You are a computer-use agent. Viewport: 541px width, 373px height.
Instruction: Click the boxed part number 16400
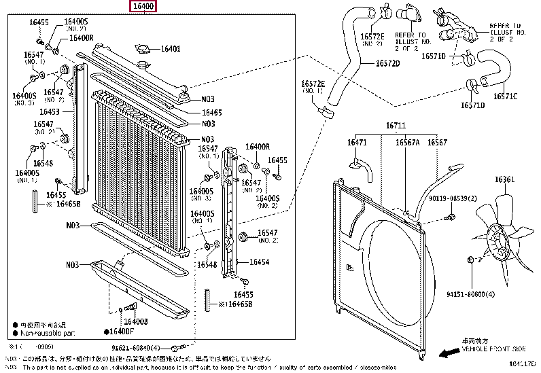(x=145, y=7)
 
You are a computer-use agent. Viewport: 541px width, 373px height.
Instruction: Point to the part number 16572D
(x=388, y=64)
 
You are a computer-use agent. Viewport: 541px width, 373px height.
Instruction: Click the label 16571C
(x=505, y=96)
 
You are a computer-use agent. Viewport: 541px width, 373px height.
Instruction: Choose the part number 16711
(x=396, y=126)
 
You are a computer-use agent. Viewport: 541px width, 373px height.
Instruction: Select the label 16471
(x=357, y=142)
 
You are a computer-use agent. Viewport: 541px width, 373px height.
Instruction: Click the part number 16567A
(x=408, y=142)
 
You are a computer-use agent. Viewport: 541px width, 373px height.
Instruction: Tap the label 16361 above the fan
(x=504, y=179)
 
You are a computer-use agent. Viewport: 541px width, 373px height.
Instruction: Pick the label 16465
(x=211, y=112)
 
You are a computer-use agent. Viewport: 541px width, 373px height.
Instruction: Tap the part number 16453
(x=49, y=111)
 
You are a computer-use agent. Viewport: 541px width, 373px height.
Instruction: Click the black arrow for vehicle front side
(x=449, y=353)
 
